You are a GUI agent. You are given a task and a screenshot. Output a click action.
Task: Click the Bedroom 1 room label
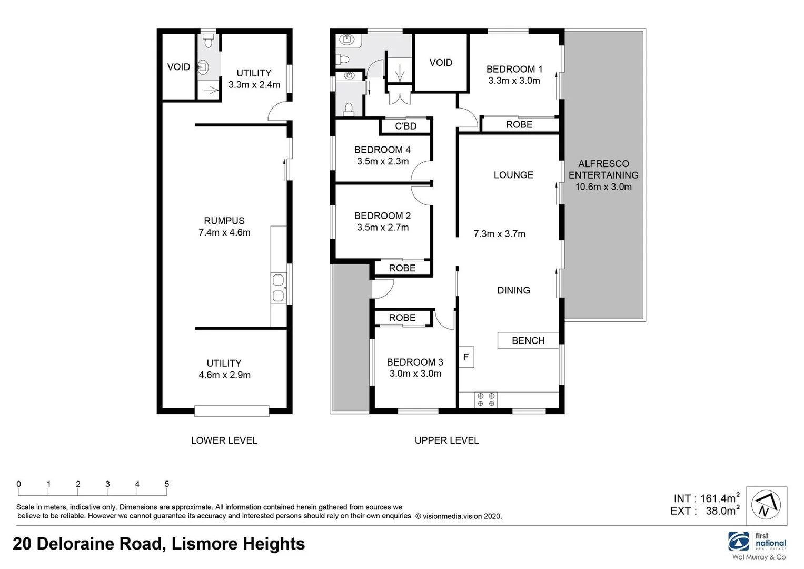point(514,69)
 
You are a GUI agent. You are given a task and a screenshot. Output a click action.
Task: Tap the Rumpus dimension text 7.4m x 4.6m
point(224,232)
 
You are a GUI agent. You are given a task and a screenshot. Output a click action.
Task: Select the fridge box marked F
point(466,357)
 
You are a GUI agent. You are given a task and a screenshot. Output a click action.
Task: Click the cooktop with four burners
point(485,399)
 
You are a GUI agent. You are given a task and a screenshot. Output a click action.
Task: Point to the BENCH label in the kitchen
point(528,341)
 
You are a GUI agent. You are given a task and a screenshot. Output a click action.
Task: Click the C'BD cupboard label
point(406,126)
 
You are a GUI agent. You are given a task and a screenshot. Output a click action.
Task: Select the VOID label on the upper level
point(441,63)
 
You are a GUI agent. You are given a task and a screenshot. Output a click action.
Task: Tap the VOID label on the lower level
point(178,67)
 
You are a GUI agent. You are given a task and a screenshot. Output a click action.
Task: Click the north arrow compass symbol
point(769,505)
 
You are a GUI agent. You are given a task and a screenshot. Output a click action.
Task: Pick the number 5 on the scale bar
point(167,484)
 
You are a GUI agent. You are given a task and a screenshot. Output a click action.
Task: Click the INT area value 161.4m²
point(720,498)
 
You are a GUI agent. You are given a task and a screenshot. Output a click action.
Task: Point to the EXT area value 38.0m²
point(722,511)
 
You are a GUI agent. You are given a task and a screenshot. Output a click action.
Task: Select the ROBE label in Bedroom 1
point(519,125)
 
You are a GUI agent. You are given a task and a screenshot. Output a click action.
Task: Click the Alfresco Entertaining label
point(603,170)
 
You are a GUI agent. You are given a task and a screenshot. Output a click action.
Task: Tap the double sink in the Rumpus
point(278,288)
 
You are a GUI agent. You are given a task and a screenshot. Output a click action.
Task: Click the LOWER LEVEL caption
point(224,440)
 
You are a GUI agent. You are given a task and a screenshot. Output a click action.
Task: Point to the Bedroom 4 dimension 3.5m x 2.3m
point(383,162)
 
